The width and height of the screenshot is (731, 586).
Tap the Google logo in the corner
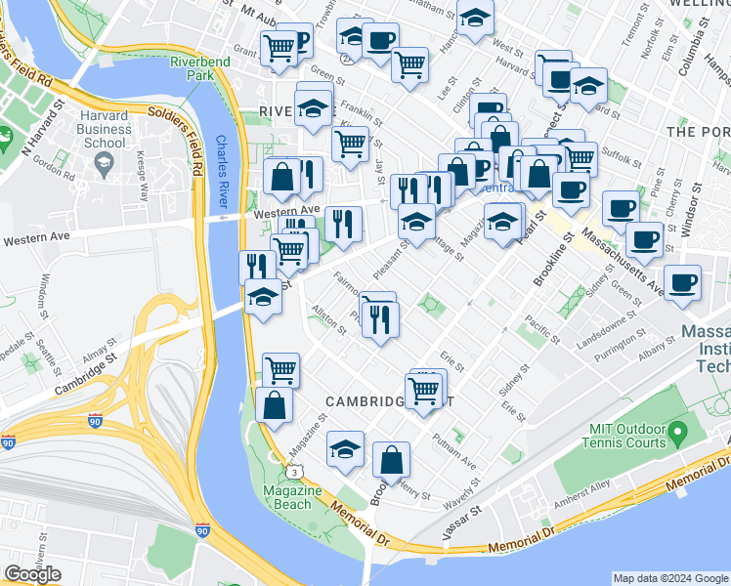pyautogui.click(x=32, y=574)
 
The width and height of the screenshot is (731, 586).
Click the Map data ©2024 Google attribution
pyautogui.click(x=669, y=578)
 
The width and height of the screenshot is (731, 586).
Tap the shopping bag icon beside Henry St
pyautogui.click(x=391, y=461)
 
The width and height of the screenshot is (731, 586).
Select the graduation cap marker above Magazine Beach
pyautogui.click(x=345, y=449)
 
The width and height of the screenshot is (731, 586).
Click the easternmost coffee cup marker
pyautogui.click(x=682, y=282)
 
